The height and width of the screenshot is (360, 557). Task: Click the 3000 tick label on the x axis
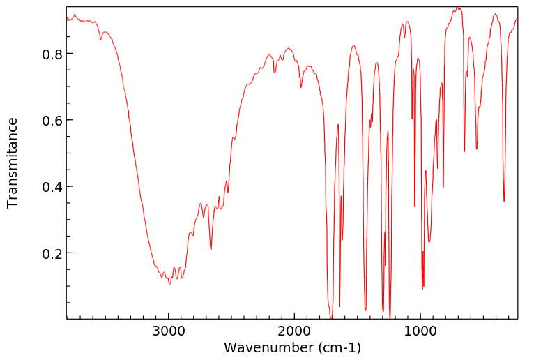[169, 332]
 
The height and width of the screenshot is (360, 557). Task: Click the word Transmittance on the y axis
[13, 163]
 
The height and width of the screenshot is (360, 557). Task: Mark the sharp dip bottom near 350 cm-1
[504, 202]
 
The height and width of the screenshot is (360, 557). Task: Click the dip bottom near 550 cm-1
[477, 149]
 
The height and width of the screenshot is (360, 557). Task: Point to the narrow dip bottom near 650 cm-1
[464, 151]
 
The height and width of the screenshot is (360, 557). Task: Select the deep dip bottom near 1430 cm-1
[365, 310]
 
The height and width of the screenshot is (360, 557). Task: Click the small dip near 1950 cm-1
[301, 87]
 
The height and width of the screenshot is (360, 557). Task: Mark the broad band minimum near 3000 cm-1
[169, 283]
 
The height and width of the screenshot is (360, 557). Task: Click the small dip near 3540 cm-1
[100, 40]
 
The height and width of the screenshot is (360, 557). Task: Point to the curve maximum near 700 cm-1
[457, 8]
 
